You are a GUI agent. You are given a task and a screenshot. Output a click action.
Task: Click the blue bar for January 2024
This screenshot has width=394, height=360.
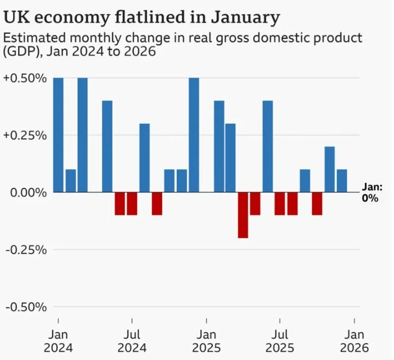coord(58,135)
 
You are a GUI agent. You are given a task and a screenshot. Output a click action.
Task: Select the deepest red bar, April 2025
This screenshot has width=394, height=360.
coord(243,215)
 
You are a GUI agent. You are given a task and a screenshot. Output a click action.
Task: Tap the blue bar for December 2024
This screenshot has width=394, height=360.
coord(194,135)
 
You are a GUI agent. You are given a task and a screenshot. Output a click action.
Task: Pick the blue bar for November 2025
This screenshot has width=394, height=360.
coord(330,169)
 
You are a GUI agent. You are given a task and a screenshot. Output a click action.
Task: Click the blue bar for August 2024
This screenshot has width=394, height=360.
coord(144,158)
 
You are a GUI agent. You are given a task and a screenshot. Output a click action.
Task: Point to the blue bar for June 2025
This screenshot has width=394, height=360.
coord(267,146)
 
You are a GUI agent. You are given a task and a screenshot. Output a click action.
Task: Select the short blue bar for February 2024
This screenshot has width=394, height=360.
coord(70,181)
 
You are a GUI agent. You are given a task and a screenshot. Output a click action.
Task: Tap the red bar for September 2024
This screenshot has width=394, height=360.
coord(157,203)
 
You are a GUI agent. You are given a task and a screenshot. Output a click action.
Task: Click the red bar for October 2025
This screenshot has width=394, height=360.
coord(317,203)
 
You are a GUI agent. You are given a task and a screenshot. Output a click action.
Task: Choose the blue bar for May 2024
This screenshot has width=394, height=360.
coord(107,146)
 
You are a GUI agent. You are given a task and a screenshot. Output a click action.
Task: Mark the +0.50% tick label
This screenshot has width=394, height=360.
coord(25,78)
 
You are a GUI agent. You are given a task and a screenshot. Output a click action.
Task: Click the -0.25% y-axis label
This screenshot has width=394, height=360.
coord(25,250)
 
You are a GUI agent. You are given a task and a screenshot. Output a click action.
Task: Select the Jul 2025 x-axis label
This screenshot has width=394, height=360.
coord(280,341)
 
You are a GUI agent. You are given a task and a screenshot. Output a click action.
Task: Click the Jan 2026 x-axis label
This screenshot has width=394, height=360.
coord(355,341)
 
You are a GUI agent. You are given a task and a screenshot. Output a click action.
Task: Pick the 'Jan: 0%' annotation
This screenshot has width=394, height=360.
coord(372,193)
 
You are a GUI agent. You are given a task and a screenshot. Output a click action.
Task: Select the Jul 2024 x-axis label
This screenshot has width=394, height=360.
coord(132,341)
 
